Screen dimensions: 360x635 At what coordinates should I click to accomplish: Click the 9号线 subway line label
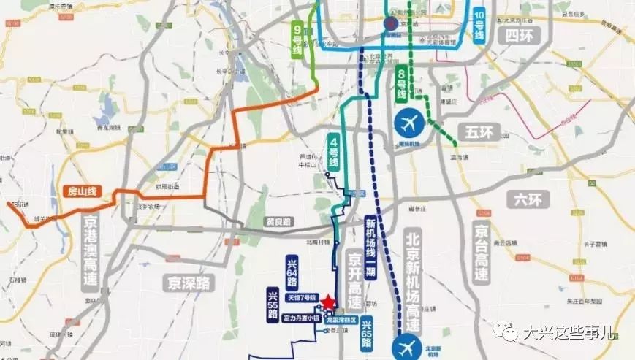[297, 39]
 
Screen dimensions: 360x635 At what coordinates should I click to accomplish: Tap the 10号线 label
[479, 24]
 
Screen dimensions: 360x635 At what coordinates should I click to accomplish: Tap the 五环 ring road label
[480, 132]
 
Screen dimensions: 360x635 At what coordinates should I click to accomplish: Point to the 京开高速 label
[354, 280]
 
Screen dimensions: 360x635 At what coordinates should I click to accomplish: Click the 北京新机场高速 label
[414, 274]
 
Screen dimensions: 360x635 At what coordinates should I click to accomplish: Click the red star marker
[329, 302]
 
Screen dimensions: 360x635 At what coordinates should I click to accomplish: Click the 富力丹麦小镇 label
[299, 319]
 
